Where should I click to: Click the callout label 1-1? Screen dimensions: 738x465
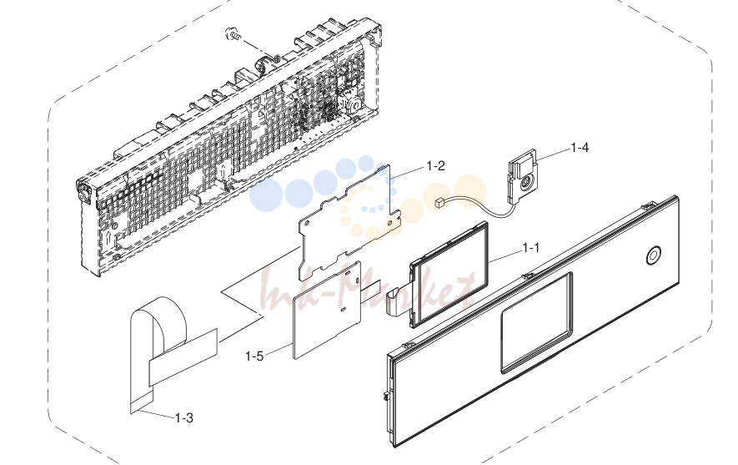[x=531, y=248]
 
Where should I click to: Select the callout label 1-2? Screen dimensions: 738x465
[x=435, y=166]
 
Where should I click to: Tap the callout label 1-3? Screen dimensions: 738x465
[x=184, y=418]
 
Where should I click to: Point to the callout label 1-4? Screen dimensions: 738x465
[x=580, y=148]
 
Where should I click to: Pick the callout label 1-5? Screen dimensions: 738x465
[x=254, y=356]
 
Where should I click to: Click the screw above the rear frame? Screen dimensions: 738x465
[x=234, y=34]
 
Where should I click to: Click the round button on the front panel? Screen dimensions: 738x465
[x=653, y=255]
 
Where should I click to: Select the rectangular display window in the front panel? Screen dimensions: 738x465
[x=536, y=323]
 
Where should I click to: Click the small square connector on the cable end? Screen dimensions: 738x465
[x=439, y=203]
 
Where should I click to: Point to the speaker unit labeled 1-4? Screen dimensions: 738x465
[x=521, y=177]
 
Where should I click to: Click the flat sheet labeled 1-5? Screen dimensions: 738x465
[x=327, y=311]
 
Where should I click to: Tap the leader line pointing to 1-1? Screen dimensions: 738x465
[x=505, y=255]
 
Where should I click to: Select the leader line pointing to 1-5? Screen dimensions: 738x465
[x=279, y=350]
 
